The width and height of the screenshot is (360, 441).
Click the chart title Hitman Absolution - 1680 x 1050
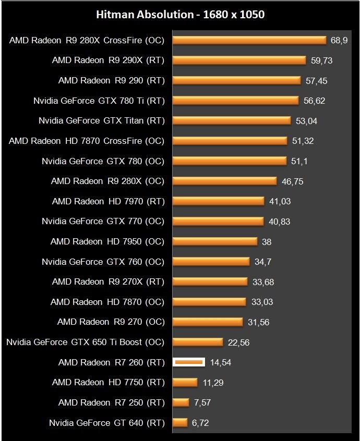pos(181,15)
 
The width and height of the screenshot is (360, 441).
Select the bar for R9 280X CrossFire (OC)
pos(249,40)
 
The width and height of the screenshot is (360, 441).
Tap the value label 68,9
pos(339,40)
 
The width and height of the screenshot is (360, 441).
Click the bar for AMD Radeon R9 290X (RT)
pos(239,60)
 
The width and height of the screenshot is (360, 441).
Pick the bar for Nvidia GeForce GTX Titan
pos(231,121)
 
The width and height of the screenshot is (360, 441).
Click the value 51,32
pos(303,141)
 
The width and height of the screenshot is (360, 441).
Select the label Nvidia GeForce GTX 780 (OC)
pos(103,161)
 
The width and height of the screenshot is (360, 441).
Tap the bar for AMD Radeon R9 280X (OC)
pos(224,181)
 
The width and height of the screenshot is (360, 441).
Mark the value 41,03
pos(280,201)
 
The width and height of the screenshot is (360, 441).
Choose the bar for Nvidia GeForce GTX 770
pos(218,222)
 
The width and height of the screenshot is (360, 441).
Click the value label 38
pos(267,242)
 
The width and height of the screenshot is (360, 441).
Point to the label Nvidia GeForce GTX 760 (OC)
pos(103,262)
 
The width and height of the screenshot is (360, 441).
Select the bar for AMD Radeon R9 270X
pos(210,281)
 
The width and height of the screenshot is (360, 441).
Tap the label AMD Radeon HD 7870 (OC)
pos(107,302)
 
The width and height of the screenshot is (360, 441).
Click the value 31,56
pos(258,322)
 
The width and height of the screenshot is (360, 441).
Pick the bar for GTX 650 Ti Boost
pos(198,342)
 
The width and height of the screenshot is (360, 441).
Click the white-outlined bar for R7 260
pos(188,362)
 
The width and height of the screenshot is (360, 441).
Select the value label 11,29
pos(213,383)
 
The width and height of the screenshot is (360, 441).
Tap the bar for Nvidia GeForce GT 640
pos(179,423)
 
